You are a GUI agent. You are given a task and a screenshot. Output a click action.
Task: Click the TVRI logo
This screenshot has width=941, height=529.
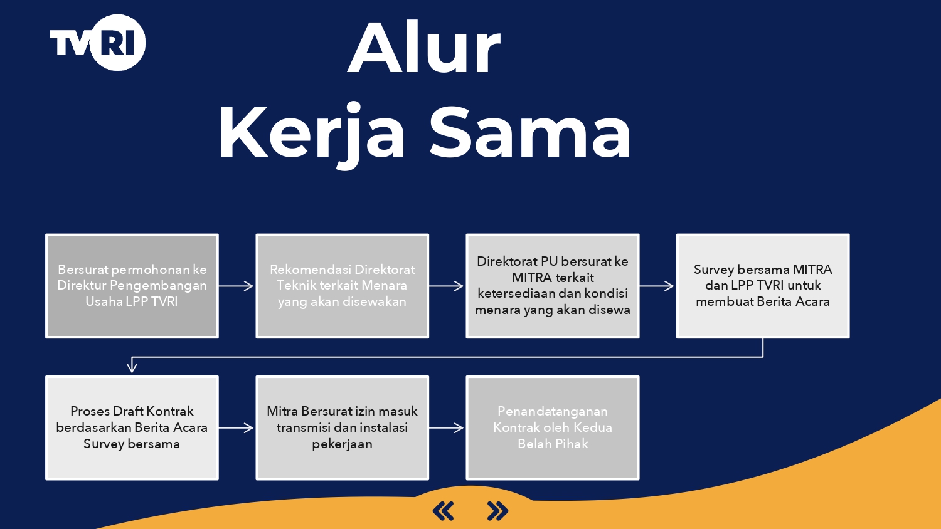98,42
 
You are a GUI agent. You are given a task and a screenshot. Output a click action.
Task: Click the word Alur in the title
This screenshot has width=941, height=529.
424,47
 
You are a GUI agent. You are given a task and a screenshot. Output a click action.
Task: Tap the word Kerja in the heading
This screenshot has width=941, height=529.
311,133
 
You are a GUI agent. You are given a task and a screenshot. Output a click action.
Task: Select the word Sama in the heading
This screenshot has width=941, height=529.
530,132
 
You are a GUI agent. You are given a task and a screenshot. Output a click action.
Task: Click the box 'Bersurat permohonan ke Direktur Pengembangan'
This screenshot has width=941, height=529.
132,286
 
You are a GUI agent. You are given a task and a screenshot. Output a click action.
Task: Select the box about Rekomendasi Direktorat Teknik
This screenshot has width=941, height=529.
343,286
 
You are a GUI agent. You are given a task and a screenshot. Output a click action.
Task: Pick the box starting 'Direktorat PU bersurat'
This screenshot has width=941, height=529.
553,286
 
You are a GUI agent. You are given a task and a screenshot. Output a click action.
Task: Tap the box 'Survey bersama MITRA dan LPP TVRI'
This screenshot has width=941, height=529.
763,286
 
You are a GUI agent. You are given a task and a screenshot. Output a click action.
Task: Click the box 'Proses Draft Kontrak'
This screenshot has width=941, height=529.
132,428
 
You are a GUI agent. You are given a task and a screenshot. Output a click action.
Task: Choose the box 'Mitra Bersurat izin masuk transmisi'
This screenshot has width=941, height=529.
343,428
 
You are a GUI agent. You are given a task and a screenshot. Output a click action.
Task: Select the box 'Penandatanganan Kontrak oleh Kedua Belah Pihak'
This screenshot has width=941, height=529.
553,428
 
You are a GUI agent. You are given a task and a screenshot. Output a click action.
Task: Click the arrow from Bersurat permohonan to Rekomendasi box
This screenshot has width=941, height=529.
237,286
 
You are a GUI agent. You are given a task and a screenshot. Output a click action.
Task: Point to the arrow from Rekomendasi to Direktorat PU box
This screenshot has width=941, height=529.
447,286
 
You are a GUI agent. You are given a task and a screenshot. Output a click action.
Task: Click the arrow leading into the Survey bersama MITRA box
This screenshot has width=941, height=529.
657,286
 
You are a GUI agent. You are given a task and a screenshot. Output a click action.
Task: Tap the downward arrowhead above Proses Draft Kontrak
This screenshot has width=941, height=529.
132,368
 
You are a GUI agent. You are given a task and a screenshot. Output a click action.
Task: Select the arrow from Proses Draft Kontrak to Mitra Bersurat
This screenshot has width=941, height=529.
237,428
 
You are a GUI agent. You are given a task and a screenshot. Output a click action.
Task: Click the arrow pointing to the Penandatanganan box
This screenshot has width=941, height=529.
447,428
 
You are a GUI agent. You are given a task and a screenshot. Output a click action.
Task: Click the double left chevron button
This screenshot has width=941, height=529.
443,511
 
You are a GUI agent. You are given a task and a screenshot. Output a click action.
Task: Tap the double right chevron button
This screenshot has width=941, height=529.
497,511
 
